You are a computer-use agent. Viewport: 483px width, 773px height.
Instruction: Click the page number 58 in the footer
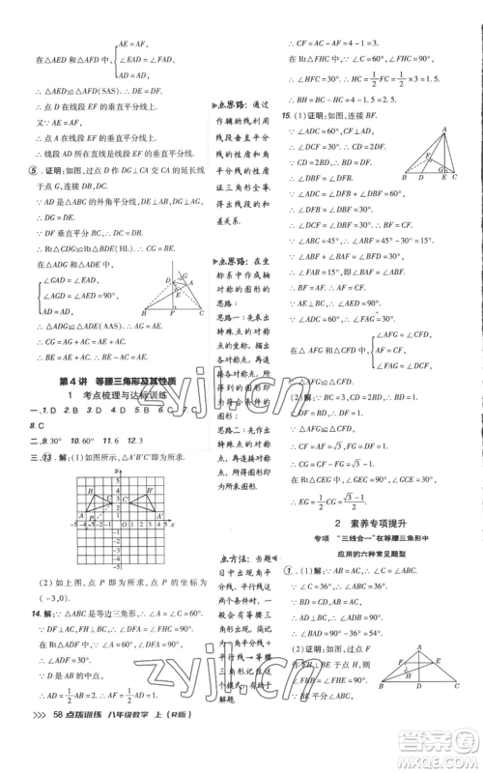coord(57,759)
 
